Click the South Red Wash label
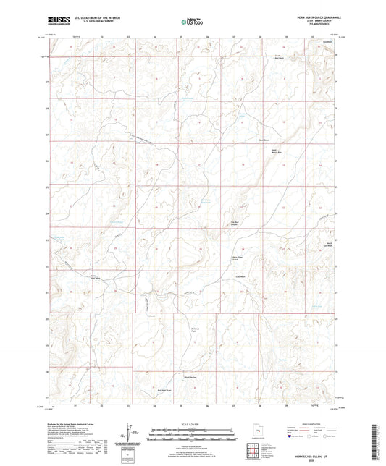277,56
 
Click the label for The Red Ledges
234,224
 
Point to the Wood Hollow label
190,377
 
